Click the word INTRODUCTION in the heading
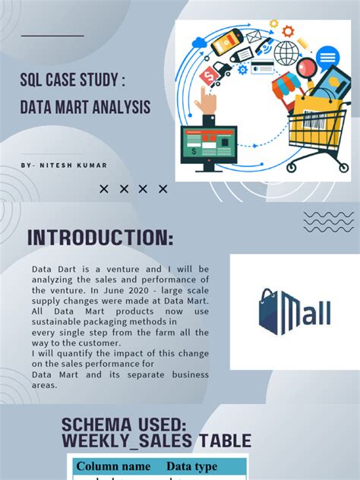click(99, 238)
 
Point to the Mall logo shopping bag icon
click(270, 311)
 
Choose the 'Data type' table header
click(191, 466)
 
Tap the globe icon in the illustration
click(287, 52)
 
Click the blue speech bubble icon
click(327, 57)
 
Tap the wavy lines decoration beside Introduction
click(328, 221)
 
